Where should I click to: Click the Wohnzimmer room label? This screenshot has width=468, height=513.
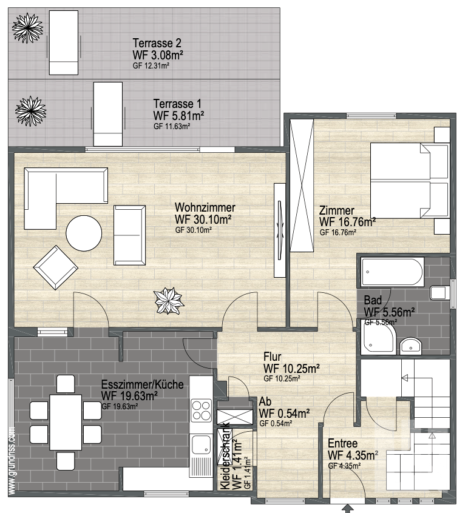(205, 207)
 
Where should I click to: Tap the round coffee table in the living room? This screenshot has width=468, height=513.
(84, 233)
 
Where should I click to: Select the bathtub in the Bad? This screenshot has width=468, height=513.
(393, 272)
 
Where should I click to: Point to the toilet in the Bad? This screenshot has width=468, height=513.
(438, 292)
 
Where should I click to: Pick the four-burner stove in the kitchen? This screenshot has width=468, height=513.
(201, 411)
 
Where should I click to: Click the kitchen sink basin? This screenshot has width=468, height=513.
(201, 444)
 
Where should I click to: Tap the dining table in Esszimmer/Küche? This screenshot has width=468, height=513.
(66, 423)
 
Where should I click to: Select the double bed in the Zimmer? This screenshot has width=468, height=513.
(409, 180)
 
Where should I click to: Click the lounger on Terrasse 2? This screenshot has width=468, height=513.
(64, 42)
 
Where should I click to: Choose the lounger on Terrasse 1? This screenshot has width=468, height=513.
(108, 114)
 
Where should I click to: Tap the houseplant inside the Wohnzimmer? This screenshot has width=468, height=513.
(169, 300)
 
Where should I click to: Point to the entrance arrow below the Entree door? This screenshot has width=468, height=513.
(348, 509)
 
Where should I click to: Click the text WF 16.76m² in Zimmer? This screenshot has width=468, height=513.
(347, 222)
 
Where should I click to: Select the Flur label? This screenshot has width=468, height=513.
(273, 357)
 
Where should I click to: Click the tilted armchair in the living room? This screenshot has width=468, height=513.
(56, 267)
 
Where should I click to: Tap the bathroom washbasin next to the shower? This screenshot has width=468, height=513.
(410, 346)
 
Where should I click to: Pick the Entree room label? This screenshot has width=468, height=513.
(342, 443)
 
